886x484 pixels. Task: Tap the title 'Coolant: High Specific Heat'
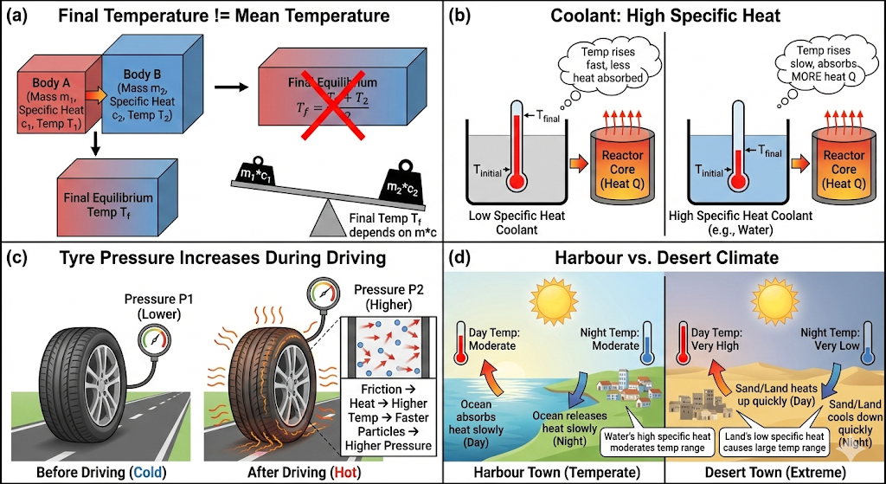point(664,16)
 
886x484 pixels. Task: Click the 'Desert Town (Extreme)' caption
point(776,472)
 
